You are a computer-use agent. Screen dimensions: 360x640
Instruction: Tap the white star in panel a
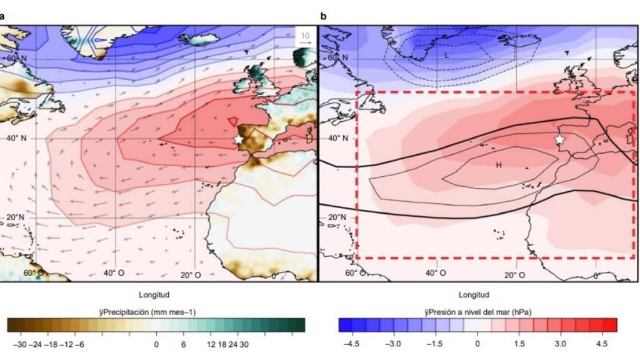point(238,139)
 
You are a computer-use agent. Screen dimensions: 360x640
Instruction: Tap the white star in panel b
point(559,139)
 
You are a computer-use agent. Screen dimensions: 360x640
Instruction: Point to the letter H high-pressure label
point(499,165)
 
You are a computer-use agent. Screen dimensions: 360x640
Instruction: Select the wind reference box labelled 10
point(304,37)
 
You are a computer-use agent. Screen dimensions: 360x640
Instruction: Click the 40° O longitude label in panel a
point(114,274)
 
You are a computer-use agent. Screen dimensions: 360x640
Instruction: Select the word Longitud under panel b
point(474,295)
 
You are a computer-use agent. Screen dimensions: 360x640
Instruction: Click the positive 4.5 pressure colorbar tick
point(602,344)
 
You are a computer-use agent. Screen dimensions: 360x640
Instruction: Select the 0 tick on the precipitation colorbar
point(157,344)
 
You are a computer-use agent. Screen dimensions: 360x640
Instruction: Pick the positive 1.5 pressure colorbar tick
point(519,344)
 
